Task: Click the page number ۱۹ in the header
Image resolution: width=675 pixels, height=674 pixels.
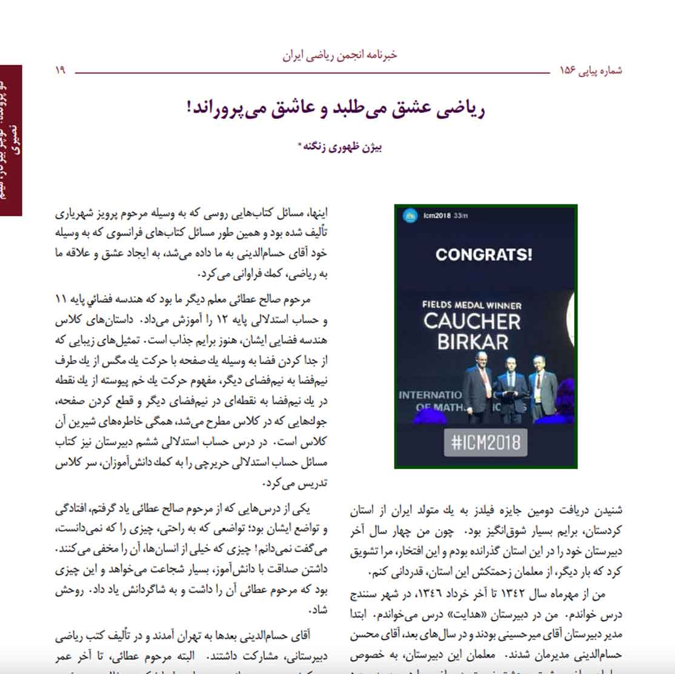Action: point(60,71)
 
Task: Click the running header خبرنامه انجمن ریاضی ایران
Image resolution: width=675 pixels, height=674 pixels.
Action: point(339,55)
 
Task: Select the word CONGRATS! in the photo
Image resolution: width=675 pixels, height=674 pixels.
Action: point(484,254)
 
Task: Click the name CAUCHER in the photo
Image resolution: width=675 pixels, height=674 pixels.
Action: point(472,321)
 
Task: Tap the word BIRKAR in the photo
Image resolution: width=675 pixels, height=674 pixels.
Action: point(473,342)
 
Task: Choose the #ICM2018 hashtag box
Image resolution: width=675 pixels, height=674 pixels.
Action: point(485,442)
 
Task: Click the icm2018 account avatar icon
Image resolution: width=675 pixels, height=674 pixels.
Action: point(410,215)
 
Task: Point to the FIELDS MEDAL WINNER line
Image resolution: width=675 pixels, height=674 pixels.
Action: point(471,305)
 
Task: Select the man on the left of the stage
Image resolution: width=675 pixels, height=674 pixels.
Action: point(477,394)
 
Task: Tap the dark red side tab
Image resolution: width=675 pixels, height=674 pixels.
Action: point(11,140)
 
